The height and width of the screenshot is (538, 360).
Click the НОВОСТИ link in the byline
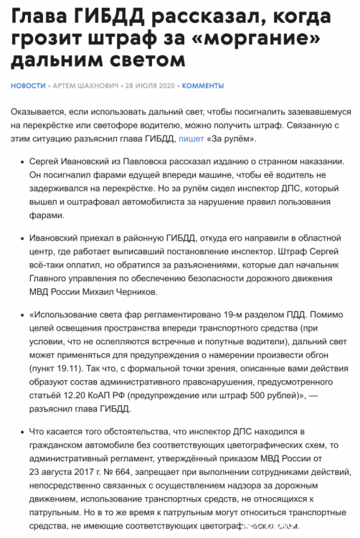28,85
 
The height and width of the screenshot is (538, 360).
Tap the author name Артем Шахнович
87,85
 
